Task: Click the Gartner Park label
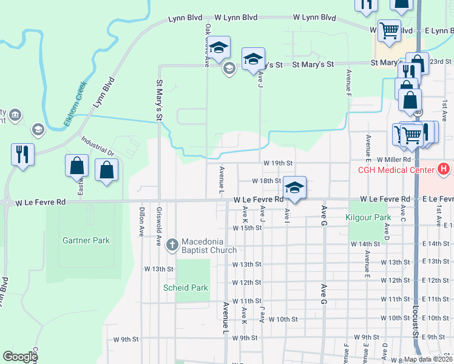[x=86, y=240]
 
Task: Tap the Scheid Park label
[x=186, y=288]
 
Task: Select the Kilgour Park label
[x=368, y=217]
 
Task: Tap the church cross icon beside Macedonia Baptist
[x=172, y=245]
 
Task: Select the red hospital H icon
[x=444, y=169]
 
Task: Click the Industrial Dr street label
[x=97, y=146]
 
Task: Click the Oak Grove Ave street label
[x=207, y=45]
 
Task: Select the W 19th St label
[x=278, y=163]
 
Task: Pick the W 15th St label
[x=247, y=228]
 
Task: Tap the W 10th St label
[x=283, y=318]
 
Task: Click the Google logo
[x=20, y=357]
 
